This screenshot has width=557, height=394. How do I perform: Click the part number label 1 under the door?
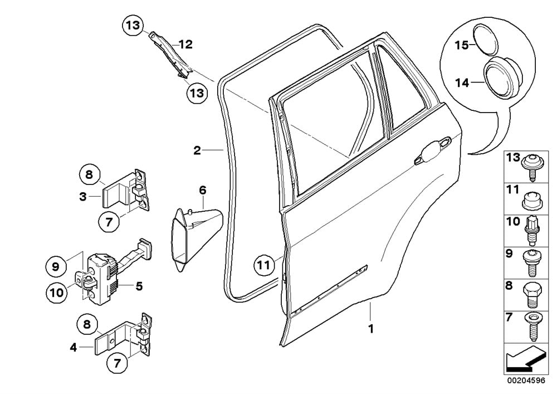pyautogui.click(x=370, y=329)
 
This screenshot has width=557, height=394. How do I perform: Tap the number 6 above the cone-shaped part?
pyautogui.click(x=203, y=191)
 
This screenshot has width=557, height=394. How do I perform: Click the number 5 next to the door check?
pyautogui.click(x=139, y=286)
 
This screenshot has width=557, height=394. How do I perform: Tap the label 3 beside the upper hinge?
pyautogui.click(x=82, y=196)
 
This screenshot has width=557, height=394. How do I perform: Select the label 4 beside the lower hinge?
pyautogui.click(x=73, y=348)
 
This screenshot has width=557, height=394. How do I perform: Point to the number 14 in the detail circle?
pyautogui.click(x=461, y=82)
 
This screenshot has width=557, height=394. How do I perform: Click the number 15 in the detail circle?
pyautogui.click(x=461, y=45)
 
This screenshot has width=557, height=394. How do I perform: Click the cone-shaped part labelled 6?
pyautogui.click(x=192, y=237)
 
